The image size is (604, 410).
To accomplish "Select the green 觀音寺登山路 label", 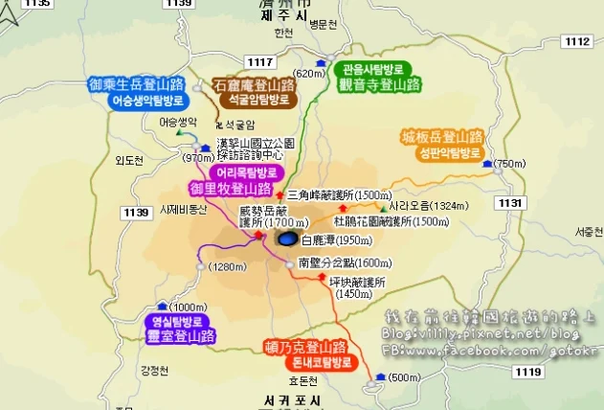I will pos(379,83).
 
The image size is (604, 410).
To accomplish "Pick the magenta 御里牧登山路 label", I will pos(229,189).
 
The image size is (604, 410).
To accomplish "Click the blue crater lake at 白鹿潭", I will pos(287,239).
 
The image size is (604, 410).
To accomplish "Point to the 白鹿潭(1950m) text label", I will pos(329,241).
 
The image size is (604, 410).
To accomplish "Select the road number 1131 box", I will pos(511,203).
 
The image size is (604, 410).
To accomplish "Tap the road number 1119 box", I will pos(527,371).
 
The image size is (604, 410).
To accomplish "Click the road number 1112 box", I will pos(576,41).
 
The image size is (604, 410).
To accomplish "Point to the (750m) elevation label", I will pos(510,164).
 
